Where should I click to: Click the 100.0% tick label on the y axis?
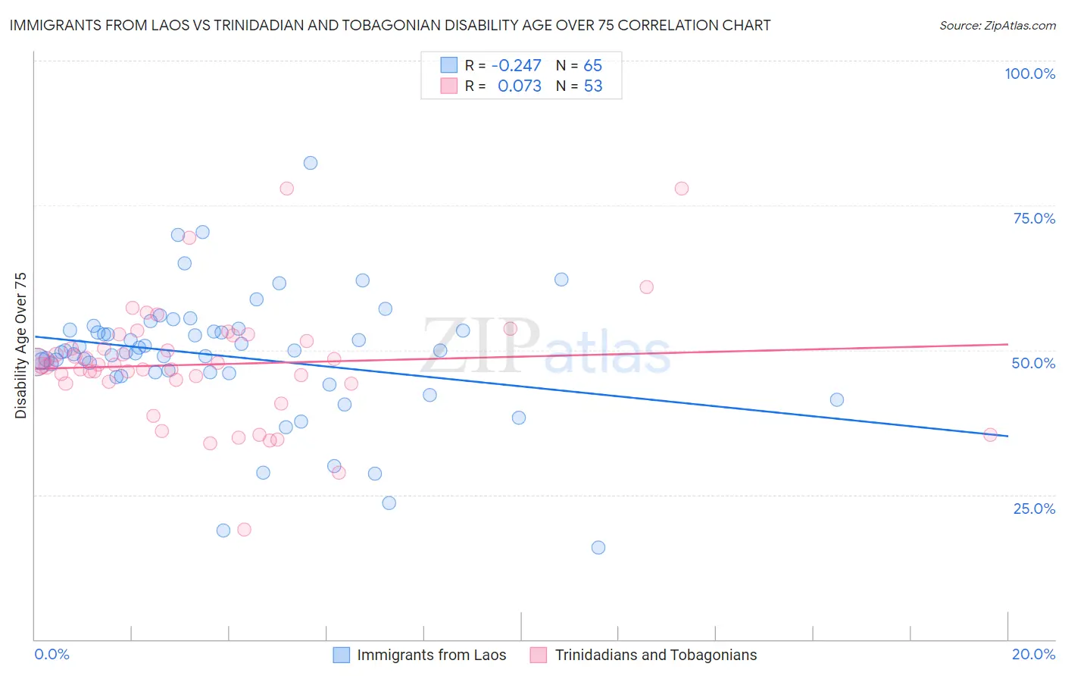click(1029, 74)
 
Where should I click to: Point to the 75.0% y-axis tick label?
click(1034, 218)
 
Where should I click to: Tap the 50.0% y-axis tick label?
click(1033, 363)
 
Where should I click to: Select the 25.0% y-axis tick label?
click(1034, 508)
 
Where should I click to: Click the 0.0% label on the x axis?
click(52, 654)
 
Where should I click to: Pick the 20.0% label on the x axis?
click(1033, 654)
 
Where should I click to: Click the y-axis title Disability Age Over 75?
click(20, 345)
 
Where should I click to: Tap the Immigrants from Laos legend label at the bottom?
click(431, 655)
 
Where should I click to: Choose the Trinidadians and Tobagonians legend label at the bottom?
click(655, 655)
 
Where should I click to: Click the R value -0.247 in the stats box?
click(516, 66)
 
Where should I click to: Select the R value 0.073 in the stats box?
click(519, 86)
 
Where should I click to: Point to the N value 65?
click(592, 66)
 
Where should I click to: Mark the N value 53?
click(592, 86)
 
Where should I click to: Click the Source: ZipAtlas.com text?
click(997, 26)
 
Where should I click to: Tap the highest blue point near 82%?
click(310, 163)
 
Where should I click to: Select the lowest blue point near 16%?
click(598, 547)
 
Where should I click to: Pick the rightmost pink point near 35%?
click(989, 434)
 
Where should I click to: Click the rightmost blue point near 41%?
click(836, 399)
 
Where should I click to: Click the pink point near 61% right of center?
click(646, 286)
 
